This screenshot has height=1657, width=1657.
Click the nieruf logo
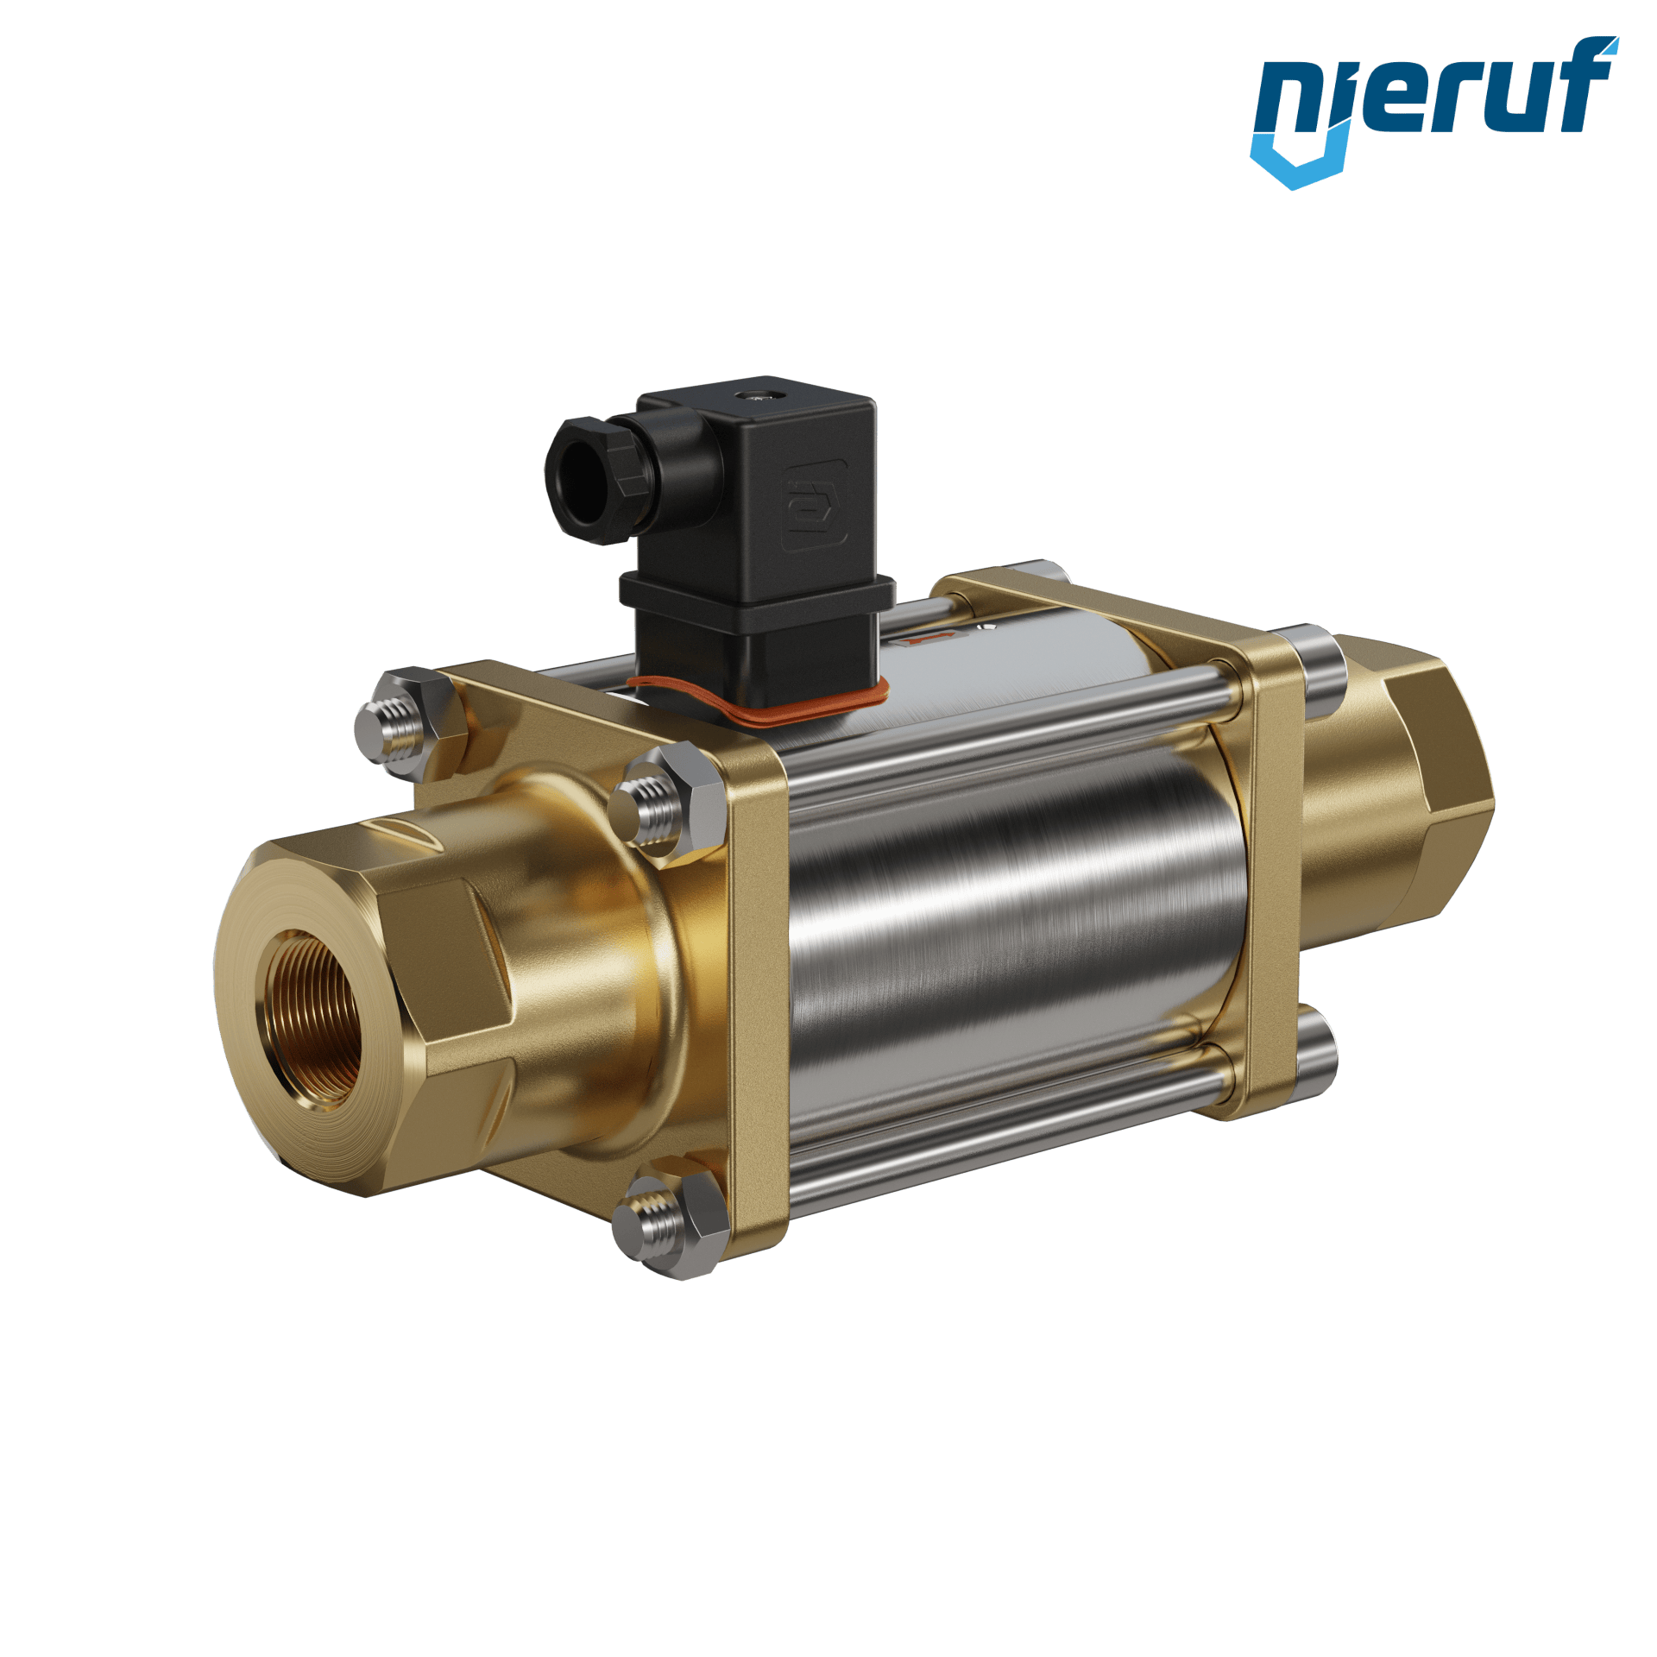pyautogui.click(x=1434, y=112)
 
